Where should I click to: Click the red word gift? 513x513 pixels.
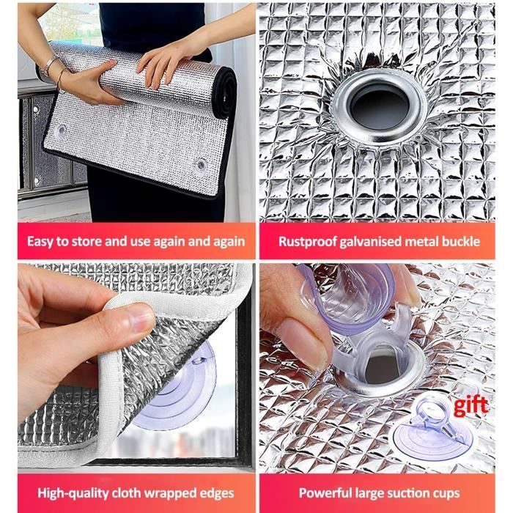click(x=470, y=406)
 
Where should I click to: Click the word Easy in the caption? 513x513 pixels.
click(x=40, y=241)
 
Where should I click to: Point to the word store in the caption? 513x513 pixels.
click(x=86, y=241)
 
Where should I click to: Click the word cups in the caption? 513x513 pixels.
click(x=446, y=493)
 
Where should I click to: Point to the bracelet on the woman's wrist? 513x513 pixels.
click(x=49, y=65)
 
